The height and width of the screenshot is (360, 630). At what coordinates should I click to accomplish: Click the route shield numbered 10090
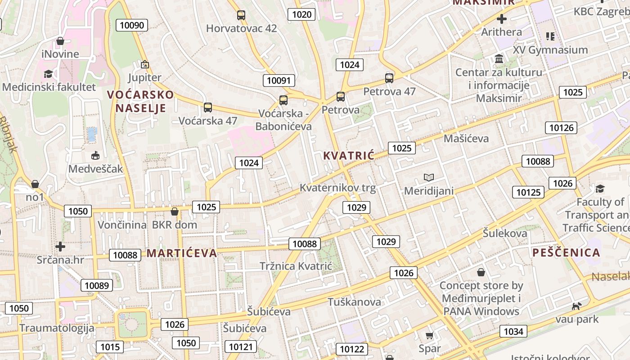pos(132,25)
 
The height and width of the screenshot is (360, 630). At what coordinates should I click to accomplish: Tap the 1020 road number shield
pos(301,14)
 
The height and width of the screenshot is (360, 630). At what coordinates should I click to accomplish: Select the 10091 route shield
pos(279,81)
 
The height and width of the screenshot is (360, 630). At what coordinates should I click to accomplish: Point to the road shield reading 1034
pos(513,332)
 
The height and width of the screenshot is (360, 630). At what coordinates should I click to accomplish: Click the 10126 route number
pos(561,128)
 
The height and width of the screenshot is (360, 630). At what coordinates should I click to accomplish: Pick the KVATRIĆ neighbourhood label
pos(349,156)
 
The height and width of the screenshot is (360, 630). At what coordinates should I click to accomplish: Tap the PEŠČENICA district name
pos(566,252)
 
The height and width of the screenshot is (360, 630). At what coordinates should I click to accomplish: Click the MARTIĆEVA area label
pos(182,253)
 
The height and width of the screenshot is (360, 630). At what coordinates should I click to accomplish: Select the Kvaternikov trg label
pos(337,188)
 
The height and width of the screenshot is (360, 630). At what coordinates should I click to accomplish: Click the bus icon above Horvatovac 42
pos(241,15)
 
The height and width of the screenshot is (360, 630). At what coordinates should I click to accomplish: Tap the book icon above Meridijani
pos(429,178)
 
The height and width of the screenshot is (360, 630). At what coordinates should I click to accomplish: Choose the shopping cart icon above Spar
pos(429,336)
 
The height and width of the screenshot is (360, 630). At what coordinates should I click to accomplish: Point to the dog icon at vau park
pos(576,306)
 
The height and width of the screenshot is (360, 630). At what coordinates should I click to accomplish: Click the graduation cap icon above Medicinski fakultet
pos(48,74)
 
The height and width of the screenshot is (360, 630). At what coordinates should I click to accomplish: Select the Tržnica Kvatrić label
pos(296,266)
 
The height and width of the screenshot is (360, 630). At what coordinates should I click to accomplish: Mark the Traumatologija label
pos(57,328)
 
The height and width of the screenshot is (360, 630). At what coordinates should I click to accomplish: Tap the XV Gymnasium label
pos(550,49)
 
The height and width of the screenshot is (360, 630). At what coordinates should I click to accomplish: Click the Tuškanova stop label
pos(354,301)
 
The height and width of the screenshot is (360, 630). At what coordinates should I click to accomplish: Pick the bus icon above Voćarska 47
pos(207,108)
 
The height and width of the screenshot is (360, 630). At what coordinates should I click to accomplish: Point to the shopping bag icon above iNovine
pos(60,41)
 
